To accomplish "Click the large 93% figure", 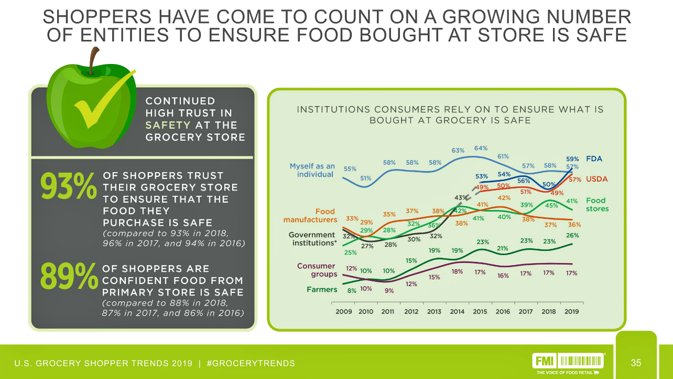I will [68, 187].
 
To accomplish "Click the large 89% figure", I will [69, 276].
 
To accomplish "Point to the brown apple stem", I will [94, 60].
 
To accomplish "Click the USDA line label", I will [596, 179].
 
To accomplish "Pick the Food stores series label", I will [596, 204].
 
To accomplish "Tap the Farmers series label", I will [322, 289].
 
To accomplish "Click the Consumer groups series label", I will [316, 270].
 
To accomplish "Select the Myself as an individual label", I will [312, 170].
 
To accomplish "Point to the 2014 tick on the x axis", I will [457, 311].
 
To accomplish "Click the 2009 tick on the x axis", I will [344, 311].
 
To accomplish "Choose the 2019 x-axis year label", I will [571, 311].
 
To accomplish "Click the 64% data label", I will [481, 148].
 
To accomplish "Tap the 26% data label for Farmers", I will [572, 235].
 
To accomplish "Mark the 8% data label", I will [352, 290].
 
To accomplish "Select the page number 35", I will [636, 363].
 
